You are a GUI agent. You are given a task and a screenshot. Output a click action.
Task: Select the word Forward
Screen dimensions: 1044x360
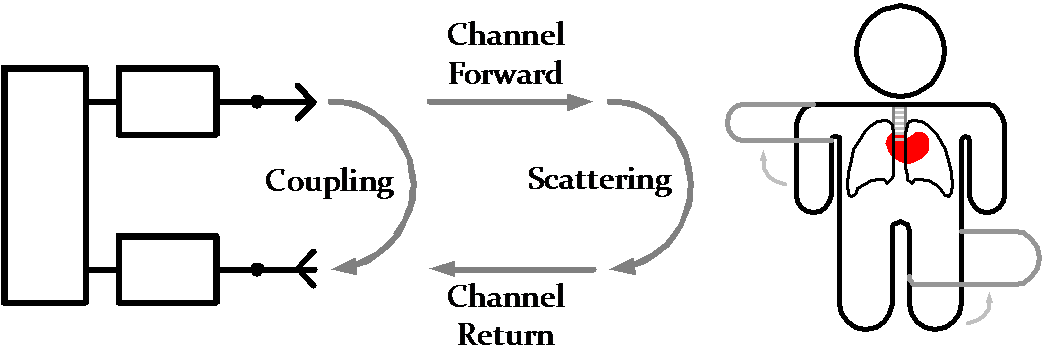pos(505,73)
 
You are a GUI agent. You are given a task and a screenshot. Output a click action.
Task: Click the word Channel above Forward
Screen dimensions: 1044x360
pos(506,34)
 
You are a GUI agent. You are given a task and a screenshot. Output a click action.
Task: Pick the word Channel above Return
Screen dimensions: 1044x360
pos(506,296)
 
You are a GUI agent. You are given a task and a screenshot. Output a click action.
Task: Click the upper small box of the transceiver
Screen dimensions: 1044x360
pos(168,101)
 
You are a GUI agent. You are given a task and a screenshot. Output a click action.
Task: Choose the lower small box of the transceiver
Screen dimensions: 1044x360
pos(168,269)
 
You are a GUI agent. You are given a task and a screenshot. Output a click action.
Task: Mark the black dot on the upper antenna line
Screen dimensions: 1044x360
pos(256,102)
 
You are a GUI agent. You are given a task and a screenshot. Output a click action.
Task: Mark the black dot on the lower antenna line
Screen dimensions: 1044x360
pos(256,270)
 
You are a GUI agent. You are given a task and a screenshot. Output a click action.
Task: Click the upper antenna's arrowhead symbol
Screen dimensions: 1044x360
pos(306,102)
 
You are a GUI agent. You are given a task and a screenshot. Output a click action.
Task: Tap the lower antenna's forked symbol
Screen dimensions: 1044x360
pos(305,270)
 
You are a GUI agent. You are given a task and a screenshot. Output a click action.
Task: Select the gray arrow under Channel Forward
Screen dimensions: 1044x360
pos(509,102)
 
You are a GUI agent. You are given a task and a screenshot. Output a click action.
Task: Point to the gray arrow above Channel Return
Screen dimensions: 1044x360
pos(513,270)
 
